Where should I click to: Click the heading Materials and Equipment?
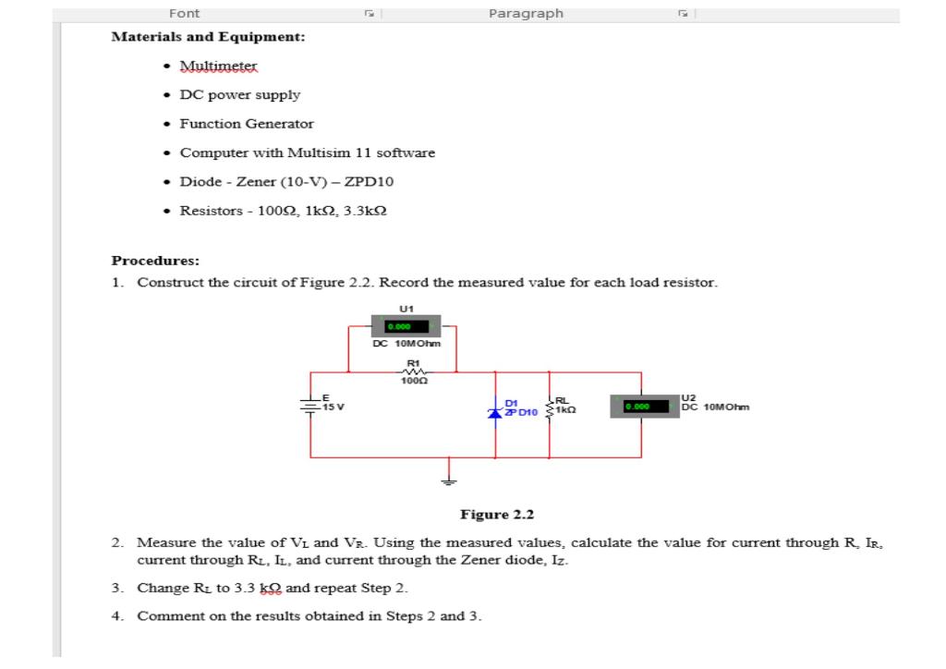pyautogui.click(x=208, y=37)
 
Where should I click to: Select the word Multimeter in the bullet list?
pyautogui.click(x=219, y=67)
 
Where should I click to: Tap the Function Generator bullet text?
pyautogui.click(x=247, y=123)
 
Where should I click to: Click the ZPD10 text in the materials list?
pyautogui.click(x=406, y=181)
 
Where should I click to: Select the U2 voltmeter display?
pyautogui.click(x=644, y=406)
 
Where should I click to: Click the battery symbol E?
pyautogui.click(x=310, y=405)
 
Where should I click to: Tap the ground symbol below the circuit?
pyautogui.click(x=450, y=480)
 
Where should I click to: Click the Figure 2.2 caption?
pyautogui.click(x=497, y=515)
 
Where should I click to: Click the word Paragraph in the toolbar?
pyautogui.click(x=526, y=13)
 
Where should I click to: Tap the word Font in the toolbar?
pyautogui.click(x=184, y=13)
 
